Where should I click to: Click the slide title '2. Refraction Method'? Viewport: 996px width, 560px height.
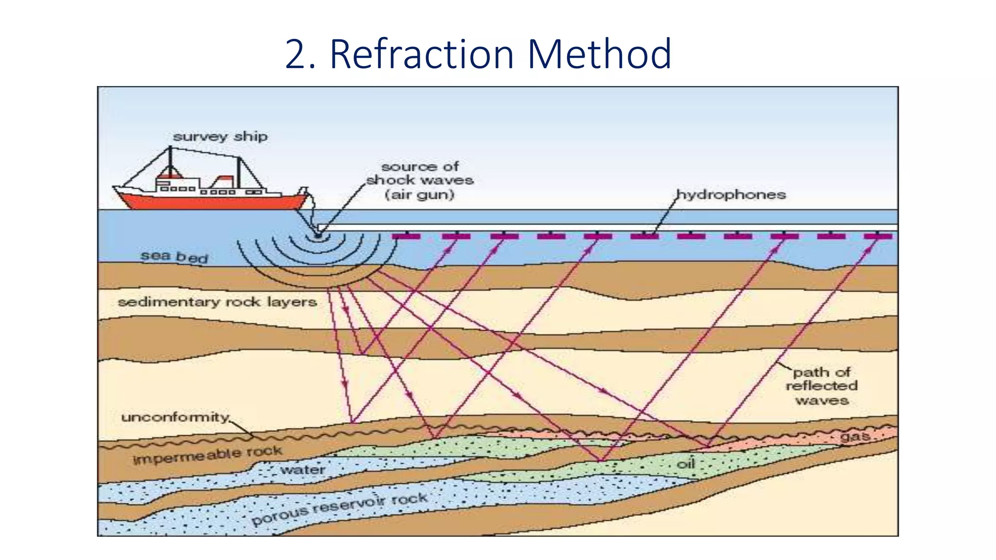tap(478, 54)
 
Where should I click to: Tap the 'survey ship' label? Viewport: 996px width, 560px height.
tap(220, 137)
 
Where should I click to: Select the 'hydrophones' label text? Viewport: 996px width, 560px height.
tap(731, 195)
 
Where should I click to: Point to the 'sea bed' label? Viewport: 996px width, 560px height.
tap(174, 256)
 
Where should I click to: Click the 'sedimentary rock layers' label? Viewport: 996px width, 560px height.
tap(217, 302)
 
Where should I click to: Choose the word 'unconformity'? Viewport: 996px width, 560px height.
tap(175, 417)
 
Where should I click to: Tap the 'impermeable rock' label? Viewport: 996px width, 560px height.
tap(207, 455)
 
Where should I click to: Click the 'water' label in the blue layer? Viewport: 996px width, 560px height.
tap(302, 470)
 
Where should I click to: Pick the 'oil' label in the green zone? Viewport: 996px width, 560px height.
tap(686, 464)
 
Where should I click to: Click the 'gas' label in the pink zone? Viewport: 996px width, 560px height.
tap(855, 437)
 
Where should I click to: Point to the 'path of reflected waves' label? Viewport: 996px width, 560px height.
tap(821, 386)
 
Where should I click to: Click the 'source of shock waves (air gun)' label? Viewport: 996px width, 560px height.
tap(420, 180)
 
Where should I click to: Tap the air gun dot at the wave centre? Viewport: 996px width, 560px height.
tap(318, 236)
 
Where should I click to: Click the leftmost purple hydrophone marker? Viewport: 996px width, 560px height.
tap(406, 236)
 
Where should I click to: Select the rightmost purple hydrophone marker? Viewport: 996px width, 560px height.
tap(878, 236)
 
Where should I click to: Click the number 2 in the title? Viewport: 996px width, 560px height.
tap(295, 54)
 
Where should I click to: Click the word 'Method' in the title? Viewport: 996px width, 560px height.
tap(599, 54)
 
